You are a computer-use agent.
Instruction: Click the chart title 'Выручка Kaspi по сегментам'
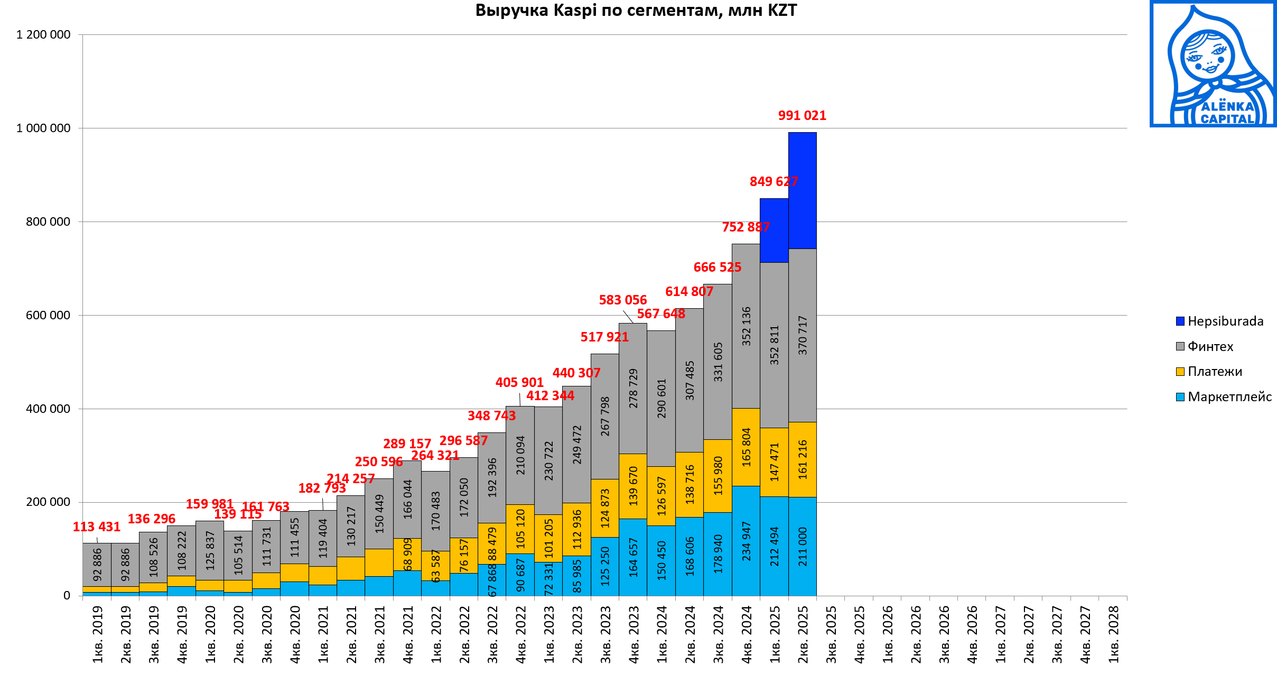[636, 11]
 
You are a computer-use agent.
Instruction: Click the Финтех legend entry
[1210, 347]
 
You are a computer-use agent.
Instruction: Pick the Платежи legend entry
[1214, 372]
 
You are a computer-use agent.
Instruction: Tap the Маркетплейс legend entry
[1229, 397]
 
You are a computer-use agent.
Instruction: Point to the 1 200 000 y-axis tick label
[43, 35]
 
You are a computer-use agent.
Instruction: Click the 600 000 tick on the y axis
[48, 316]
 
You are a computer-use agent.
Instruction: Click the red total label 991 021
[801, 116]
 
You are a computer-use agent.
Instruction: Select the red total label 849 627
[773, 182]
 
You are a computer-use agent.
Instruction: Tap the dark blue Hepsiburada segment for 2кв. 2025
[802, 190]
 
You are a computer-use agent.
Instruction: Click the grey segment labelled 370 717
[802, 335]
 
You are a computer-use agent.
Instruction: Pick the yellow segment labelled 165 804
[745, 447]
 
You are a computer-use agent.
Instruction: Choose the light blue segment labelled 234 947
[745, 541]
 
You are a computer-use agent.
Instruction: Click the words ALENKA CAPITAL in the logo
[1227, 113]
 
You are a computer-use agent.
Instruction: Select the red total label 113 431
[96, 527]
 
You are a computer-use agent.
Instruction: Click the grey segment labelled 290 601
[661, 399]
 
